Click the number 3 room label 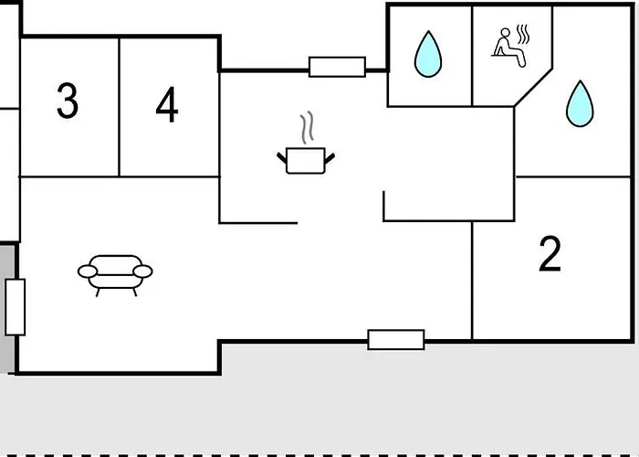[68, 101]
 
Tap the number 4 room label [167, 104]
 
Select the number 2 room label [550, 254]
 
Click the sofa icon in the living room [115, 275]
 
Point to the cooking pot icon [306, 160]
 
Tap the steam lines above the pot [308, 127]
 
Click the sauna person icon [508, 48]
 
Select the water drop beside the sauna [428, 54]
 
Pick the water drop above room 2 [580, 103]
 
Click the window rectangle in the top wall [337, 67]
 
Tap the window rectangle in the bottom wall [396, 339]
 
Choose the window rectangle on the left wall [16, 307]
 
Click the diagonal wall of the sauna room [533, 88]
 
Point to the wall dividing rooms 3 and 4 [119, 107]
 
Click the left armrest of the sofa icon [88, 271]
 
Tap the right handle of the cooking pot [330, 158]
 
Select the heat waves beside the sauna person [523, 35]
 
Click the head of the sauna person [506, 33]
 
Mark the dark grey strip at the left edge [6, 308]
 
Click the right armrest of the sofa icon [142, 271]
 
